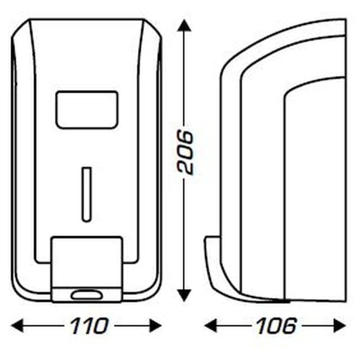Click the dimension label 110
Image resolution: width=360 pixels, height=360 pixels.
pyautogui.click(x=89, y=325)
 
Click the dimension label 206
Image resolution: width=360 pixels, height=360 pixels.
pyautogui.click(x=185, y=153)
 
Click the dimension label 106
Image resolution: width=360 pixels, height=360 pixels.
pyautogui.click(x=276, y=325)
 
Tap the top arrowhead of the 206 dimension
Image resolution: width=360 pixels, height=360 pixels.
pyautogui.click(x=185, y=26)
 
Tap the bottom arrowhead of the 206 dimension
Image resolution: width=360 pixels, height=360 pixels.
pyautogui.click(x=185, y=295)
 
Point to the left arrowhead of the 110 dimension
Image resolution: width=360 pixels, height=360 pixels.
pyautogui.click(x=18, y=325)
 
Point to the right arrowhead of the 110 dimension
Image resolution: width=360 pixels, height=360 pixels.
pyautogui.click(x=155, y=325)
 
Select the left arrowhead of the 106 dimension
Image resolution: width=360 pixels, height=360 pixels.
pyautogui.click(x=211, y=325)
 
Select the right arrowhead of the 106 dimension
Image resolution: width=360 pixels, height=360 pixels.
pyautogui.click(x=339, y=325)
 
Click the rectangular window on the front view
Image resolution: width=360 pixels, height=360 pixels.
pyautogui.click(x=87, y=109)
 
